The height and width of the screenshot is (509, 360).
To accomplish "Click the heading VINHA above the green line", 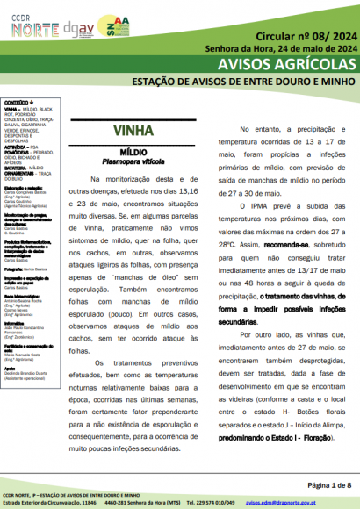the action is pos(133,133).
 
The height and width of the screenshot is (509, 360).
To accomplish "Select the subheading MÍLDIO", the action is pos(133,152).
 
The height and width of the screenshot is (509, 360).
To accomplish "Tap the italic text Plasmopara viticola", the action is pos(133,161).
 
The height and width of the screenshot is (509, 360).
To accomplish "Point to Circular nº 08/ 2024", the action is pos(306,37).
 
